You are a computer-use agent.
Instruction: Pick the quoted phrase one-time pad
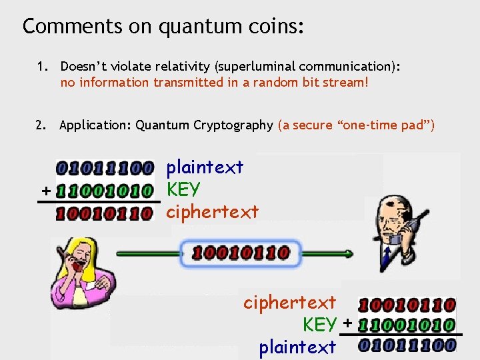379,125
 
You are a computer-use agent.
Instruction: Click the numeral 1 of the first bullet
41,67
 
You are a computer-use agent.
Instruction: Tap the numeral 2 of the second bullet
41,125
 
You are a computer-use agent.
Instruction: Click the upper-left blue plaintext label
205,167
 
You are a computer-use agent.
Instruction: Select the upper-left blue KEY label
183,189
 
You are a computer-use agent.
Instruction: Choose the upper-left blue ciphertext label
212,212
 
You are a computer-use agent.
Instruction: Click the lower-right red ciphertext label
289,303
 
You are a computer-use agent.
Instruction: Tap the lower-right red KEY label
319,325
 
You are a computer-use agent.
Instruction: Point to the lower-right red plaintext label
297,347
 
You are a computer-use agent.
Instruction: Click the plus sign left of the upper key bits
45,191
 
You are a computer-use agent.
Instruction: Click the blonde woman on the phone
79,270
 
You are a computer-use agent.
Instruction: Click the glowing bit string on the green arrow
241,253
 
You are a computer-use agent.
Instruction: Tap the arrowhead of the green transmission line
349,253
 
